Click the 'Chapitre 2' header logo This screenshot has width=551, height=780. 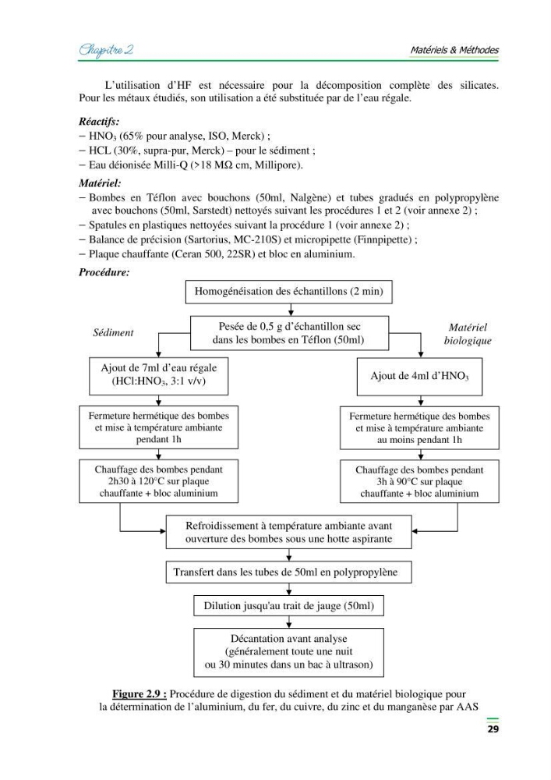(106, 50)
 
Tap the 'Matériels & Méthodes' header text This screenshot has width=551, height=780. (454, 50)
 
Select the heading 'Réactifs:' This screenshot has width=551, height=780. (99, 122)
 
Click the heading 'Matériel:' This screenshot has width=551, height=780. (100, 183)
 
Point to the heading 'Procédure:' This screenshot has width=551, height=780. (104, 272)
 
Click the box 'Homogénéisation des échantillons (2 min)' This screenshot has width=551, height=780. (288, 292)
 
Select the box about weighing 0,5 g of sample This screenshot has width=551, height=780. (289, 333)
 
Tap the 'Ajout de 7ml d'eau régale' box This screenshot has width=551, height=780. (158, 376)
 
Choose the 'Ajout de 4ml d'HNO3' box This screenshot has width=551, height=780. (419, 377)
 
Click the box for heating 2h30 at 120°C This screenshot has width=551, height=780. (158, 481)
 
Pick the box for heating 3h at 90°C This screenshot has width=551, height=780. (419, 481)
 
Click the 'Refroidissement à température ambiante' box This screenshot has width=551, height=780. (288, 532)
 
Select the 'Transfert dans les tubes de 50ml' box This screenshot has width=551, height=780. (288, 572)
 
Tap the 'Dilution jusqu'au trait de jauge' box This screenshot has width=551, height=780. (288, 606)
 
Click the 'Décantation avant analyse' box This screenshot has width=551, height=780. (288, 652)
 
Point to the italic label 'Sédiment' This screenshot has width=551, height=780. (113, 333)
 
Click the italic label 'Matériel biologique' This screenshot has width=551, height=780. (468, 334)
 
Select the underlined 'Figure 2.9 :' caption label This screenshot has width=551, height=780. (140, 694)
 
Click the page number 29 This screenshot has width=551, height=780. (493, 729)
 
